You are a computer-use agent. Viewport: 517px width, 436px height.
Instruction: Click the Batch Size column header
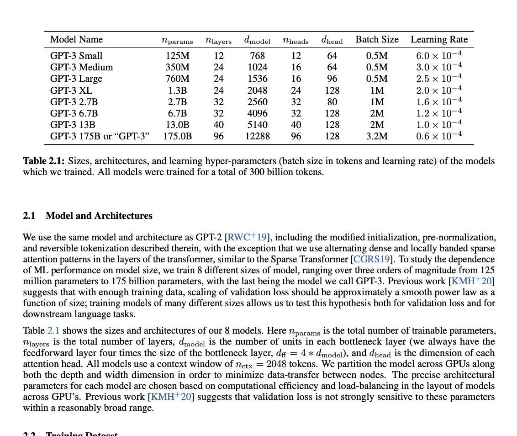point(377,40)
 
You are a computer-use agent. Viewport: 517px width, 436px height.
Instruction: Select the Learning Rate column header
point(439,40)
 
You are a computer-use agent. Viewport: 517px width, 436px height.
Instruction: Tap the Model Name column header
point(76,40)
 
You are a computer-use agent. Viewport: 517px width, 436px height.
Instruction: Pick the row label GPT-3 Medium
point(81,67)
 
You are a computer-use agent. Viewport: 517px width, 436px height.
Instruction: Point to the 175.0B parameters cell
point(177,136)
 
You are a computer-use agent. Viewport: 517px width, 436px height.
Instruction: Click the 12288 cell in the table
point(257,136)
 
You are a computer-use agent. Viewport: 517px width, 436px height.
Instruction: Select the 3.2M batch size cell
point(377,136)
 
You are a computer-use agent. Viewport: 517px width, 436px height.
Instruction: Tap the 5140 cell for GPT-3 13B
point(257,125)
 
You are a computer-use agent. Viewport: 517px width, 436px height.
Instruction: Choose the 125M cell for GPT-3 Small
point(177,56)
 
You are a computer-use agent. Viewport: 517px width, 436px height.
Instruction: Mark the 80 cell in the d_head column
point(332,102)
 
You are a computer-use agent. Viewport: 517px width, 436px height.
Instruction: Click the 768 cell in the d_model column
point(257,56)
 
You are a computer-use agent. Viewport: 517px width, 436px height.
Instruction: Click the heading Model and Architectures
point(99,216)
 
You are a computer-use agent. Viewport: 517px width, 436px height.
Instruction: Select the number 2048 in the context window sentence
point(277,364)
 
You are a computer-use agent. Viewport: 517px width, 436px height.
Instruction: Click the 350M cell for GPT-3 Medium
point(177,67)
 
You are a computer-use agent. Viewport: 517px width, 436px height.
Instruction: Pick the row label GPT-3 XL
point(71,90)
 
